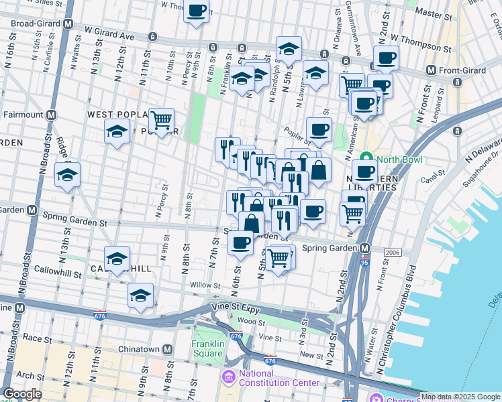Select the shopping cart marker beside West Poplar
click(x=161, y=121)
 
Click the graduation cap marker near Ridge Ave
click(x=67, y=175)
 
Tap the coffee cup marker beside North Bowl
click(x=364, y=172)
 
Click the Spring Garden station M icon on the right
click(x=365, y=248)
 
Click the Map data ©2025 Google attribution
click(x=460, y=397)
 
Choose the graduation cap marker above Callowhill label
click(x=117, y=259)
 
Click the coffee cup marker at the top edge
click(x=196, y=11)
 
